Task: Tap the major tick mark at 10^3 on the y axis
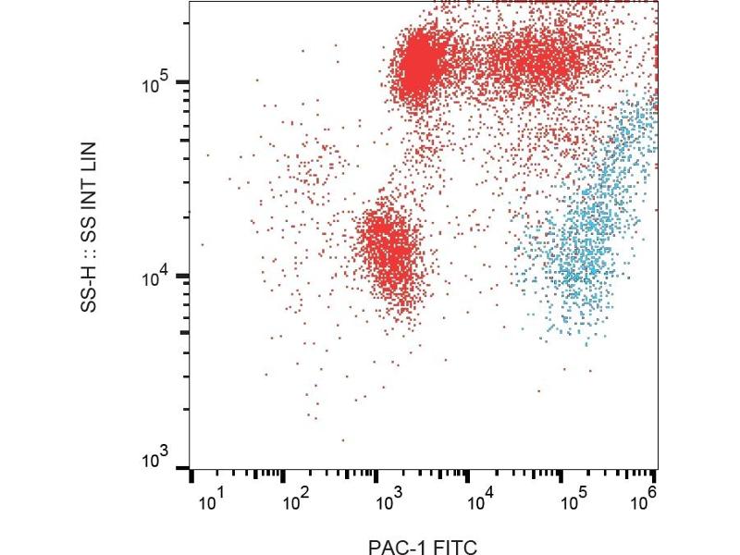click(185, 468)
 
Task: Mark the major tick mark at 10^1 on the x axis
click(191, 476)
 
